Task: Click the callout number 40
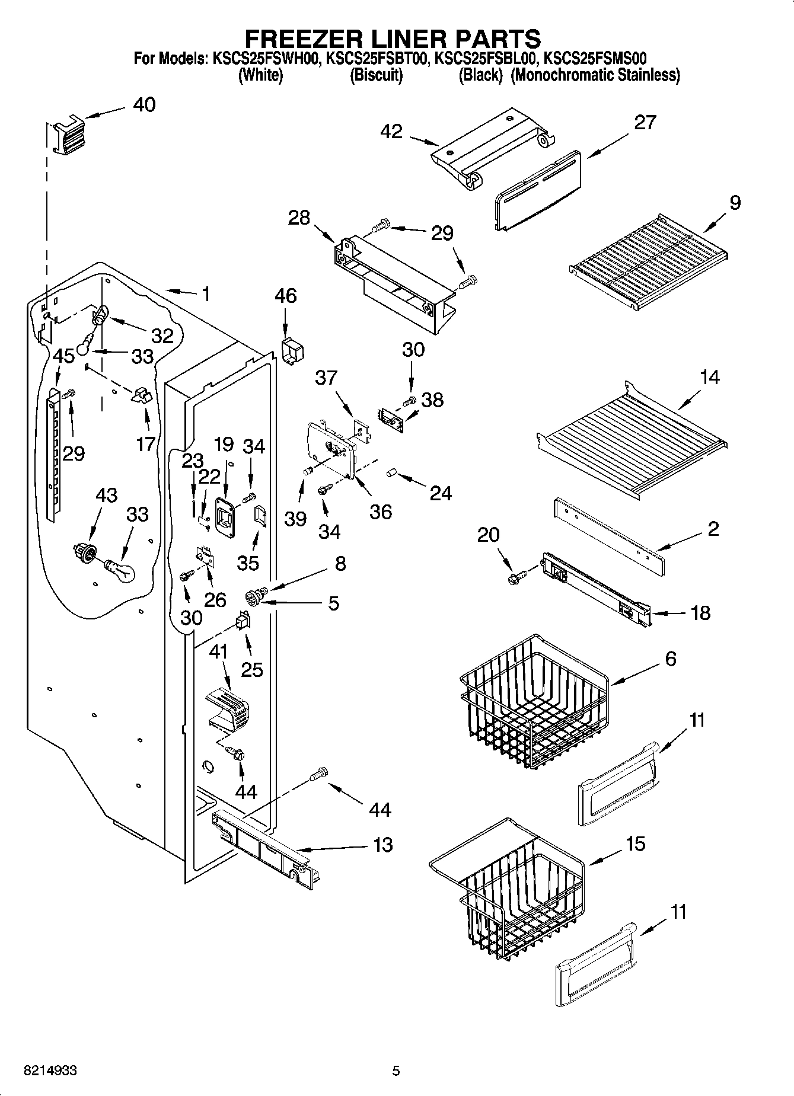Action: click(x=144, y=105)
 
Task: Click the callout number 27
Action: click(x=645, y=122)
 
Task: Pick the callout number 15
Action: click(x=635, y=843)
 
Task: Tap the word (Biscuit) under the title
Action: click(x=376, y=75)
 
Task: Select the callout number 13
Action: click(x=384, y=845)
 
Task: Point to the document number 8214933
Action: click(x=50, y=1071)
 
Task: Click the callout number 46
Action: click(x=286, y=295)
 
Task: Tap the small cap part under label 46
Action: click(x=292, y=353)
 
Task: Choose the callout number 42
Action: click(x=392, y=131)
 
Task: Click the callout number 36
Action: click(x=380, y=512)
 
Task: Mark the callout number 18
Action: click(x=700, y=612)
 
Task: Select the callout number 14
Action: click(x=709, y=377)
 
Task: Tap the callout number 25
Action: click(x=252, y=669)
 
